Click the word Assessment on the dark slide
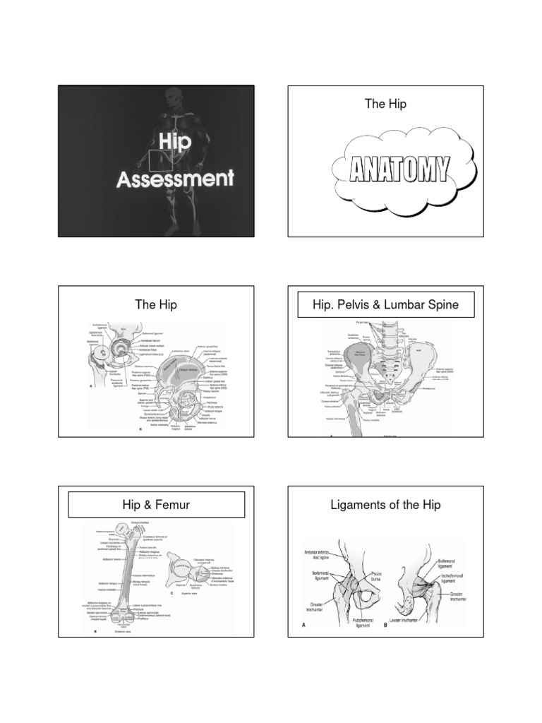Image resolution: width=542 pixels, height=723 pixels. click(x=175, y=178)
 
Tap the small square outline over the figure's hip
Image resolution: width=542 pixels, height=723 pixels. click(x=161, y=160)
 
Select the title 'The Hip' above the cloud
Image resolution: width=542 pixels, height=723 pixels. click(x=385, y=104)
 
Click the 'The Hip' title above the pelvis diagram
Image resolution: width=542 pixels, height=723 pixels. click(x=156, y=304)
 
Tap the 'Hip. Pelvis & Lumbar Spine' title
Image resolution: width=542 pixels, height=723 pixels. click(x=385, y=305)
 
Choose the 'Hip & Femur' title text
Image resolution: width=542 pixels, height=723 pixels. click(x=156, y=505)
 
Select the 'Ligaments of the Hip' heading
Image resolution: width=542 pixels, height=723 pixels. click(x=385, y=505)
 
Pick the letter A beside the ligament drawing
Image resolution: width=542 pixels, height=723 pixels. click(x=303, y=624)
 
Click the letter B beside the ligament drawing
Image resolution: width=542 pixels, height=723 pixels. click(x=387, y=624)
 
